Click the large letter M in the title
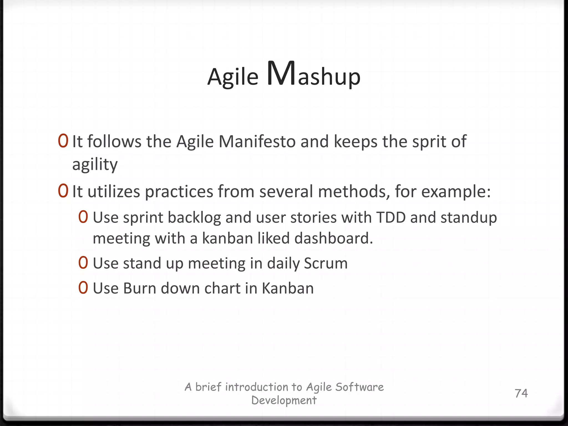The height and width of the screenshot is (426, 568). click(x=282, y=73)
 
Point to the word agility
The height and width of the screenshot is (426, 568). click(x=95, y=165)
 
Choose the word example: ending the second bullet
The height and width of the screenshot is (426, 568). click(x=456, y=192)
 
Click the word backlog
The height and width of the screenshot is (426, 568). click(x=194, y=218)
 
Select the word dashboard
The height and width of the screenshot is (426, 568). click(x=334, y=238)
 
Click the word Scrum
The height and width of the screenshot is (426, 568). click(x=326, y=263)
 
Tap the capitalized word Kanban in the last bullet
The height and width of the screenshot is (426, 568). click(x=288, y=288)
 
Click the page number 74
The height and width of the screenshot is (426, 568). click(x=521, y=393)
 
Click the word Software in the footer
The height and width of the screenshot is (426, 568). click(x=359, y=387)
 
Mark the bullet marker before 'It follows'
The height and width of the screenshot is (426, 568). click(x=63, y=141)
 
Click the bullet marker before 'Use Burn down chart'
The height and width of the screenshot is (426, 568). click(x=83, y=288)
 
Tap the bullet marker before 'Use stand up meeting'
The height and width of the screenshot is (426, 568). click(x=83, y=263)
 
